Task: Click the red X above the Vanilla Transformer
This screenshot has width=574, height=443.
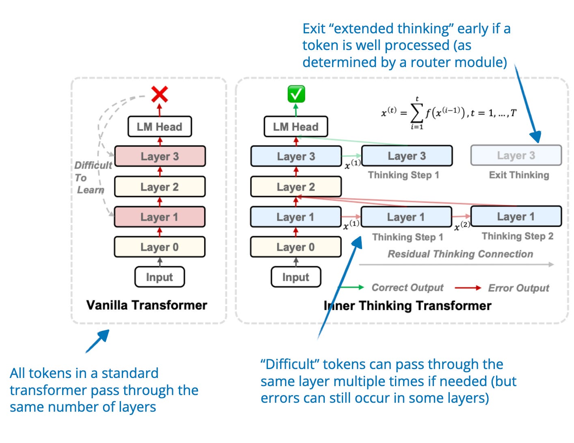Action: (160, 94)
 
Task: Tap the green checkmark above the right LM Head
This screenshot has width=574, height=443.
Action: (296, 94)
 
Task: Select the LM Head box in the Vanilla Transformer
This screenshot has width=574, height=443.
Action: (160, 127)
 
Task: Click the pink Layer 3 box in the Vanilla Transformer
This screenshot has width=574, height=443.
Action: (160, 156)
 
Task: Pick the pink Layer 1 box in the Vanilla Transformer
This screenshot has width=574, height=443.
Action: (160, 217)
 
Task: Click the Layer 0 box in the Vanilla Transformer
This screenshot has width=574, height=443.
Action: (160, 247)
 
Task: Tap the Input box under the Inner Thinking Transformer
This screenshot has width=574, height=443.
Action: (296, 277)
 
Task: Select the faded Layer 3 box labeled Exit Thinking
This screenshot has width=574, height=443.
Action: (516, 155)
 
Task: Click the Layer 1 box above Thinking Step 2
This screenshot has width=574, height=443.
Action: (516, 217)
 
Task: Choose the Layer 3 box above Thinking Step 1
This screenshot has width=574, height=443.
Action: (407, 156)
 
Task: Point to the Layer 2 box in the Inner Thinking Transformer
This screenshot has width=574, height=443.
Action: (296, 187)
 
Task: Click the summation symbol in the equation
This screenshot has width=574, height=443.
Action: (417, 114)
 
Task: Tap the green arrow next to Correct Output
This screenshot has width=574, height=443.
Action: (351, 288)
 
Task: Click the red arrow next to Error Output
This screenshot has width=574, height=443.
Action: (468, 288)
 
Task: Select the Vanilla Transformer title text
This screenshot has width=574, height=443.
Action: (147, 305)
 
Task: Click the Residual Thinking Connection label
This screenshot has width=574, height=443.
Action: (460, 254)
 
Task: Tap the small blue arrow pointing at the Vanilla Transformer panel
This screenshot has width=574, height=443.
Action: (98, 341)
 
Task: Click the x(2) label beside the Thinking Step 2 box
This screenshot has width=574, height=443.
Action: (462, 226)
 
